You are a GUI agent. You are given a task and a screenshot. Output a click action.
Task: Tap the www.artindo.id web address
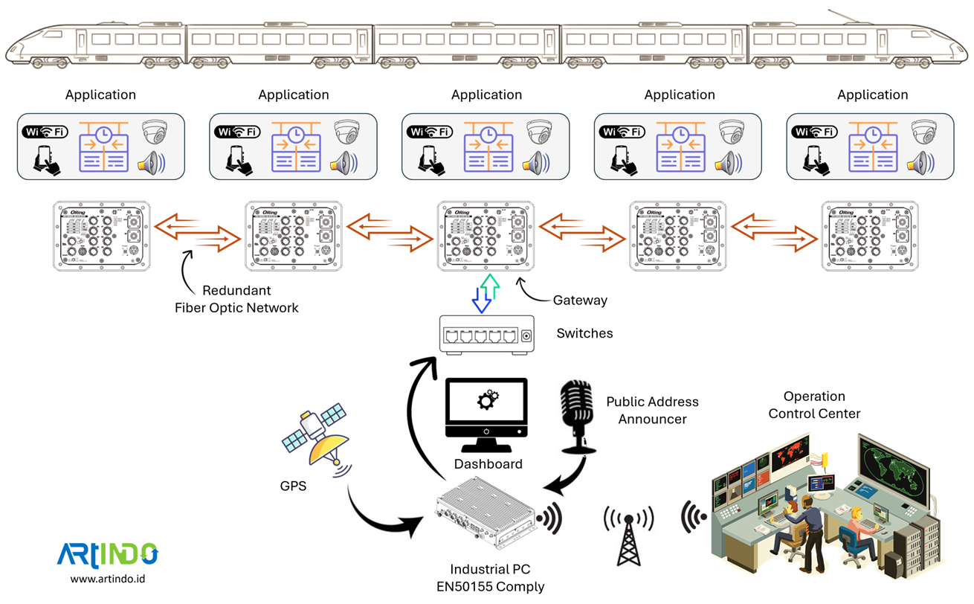pos(108,578)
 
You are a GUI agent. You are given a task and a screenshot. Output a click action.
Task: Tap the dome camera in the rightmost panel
pos(924,132)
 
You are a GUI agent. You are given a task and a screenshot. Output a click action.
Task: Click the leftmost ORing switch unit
pos(101,235)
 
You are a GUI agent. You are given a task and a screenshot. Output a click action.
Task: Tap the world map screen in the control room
pos(892,469)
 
